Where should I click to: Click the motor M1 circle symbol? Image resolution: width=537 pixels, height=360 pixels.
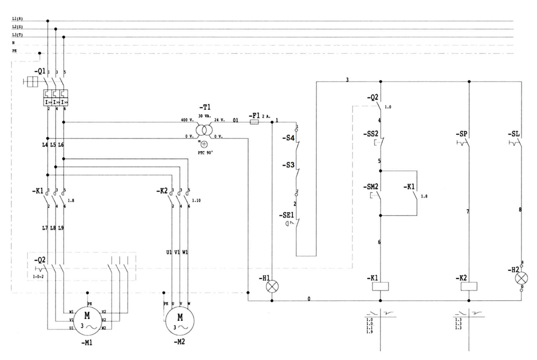[87, 320]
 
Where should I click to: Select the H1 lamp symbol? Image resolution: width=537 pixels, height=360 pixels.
[272, 287]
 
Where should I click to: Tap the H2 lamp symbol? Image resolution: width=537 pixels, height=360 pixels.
[521, 278]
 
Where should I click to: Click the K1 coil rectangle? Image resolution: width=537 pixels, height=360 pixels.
[380, 286]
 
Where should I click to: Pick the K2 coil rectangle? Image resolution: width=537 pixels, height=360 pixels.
[469, 286]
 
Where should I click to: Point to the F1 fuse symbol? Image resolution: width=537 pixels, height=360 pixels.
[254, 122]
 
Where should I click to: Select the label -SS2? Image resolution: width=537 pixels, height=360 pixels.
[370, 134]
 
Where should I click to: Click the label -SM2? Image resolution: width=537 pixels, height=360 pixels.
[370, 187]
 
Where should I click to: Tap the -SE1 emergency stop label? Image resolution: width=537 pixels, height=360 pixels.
[286, 216]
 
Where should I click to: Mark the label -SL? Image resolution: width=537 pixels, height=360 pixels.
[514, 134]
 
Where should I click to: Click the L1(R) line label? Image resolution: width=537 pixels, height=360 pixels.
[17, 19]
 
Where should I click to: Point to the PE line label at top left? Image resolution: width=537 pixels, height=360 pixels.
[14, 51]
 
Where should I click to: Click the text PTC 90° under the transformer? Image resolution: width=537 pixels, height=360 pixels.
[205, 153]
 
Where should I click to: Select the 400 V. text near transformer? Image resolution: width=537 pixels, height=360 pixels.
[187, 120]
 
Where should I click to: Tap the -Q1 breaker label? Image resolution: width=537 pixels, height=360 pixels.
[40, 71]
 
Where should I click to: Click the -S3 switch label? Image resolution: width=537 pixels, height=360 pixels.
[288, 165]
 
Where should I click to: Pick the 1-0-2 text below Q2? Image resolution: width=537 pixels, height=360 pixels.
[38, 277]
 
